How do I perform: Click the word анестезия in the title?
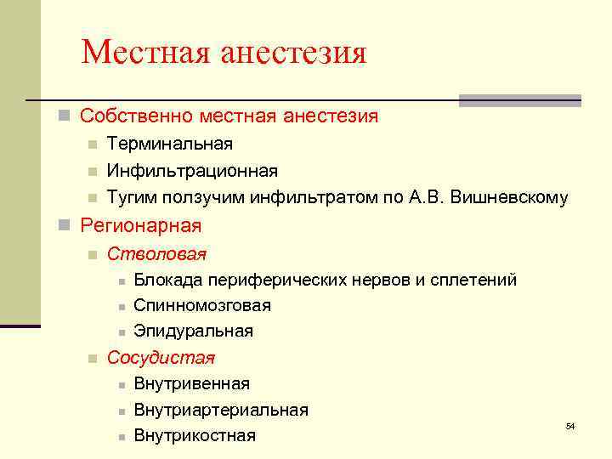(x=293, y=53)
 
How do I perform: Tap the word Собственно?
(x=132, y=116)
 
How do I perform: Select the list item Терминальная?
(x=170, y=145)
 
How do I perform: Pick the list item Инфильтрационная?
(x=192, y=172)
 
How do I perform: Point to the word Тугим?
(x=130, y=198)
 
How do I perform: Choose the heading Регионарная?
(x=140, y=226)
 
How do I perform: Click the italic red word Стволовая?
(x=156, y=254)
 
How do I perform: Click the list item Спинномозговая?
(x=202, y=305)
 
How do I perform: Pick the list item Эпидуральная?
(x=194, y=331)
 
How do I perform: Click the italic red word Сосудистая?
(x=161, y=358)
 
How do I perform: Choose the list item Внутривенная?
(x=192, y=384)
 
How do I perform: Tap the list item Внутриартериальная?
(x=221, y=410)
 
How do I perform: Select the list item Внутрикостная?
(x=195, y=436)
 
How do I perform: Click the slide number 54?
(x=570, y=425)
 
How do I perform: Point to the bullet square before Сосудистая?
(x=93, y=359)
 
